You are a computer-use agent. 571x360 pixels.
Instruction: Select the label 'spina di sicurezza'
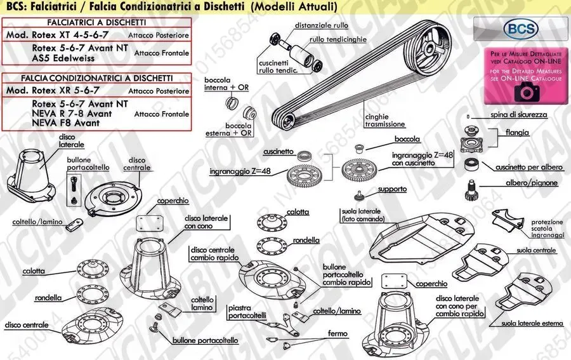point(518,115)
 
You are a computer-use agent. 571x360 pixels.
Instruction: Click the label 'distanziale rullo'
point(321,26)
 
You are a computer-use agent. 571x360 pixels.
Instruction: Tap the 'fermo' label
point(337,333)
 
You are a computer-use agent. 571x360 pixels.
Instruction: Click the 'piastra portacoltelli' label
point(247,311)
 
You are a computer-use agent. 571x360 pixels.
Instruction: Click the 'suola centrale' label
point(536,251)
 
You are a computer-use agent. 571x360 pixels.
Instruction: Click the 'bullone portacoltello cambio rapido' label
point(346,274)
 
